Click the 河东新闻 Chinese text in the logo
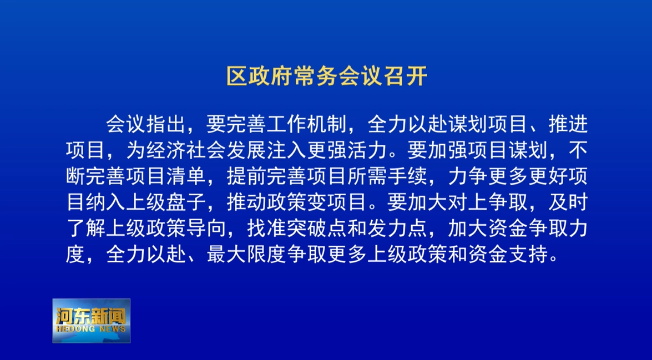tap(91, 317)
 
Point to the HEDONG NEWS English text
tap(91, 329)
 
